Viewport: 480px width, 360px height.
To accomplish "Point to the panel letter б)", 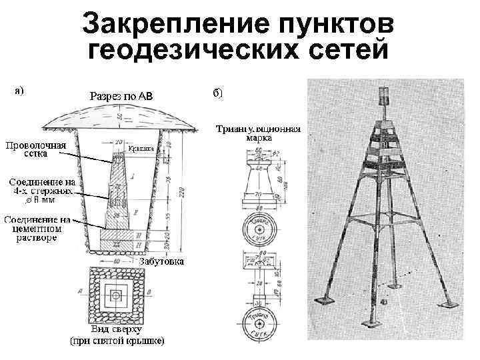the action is (x=219, y=93).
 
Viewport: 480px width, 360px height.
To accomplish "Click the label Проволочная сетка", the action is (x=36, y=149).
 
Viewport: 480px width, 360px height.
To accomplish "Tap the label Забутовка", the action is (x=161, y=262).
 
